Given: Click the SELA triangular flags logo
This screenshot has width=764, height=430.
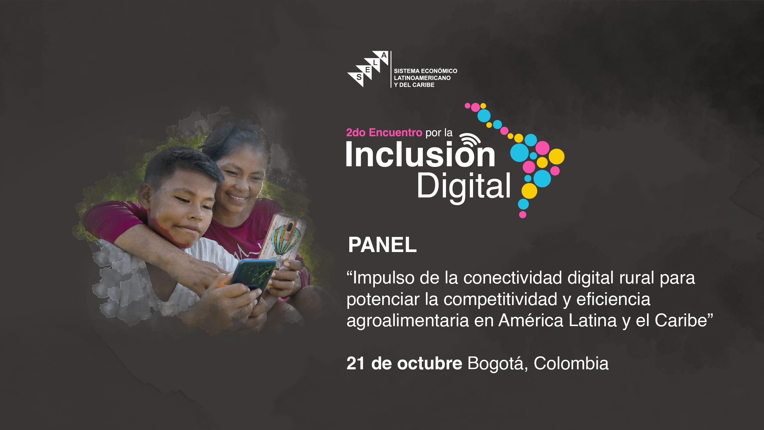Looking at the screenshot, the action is pos(368,69).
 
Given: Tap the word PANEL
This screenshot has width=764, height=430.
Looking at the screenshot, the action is pos(382,245).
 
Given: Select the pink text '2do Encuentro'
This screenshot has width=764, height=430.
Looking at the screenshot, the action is pos(384,132).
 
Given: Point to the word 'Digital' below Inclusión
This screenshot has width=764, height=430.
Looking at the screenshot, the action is pos(464,186).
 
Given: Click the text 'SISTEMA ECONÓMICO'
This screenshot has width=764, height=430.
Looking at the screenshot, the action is pos(425,71).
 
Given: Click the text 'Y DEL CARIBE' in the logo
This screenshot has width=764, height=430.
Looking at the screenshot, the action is pos(414,85).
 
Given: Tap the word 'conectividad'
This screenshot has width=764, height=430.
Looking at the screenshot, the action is pos(513,278).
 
